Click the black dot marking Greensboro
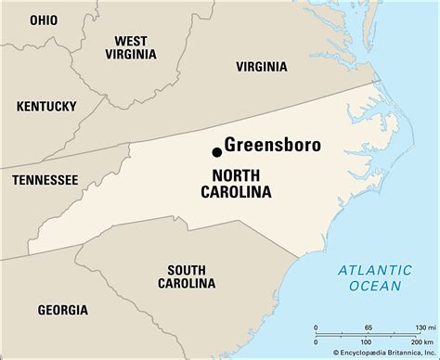tap(217, 151)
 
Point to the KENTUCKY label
tap(45, 107)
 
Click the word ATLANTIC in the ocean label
tap(374, 270)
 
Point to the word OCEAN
tap(374, 287)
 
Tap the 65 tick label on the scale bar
tap(369, 328)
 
